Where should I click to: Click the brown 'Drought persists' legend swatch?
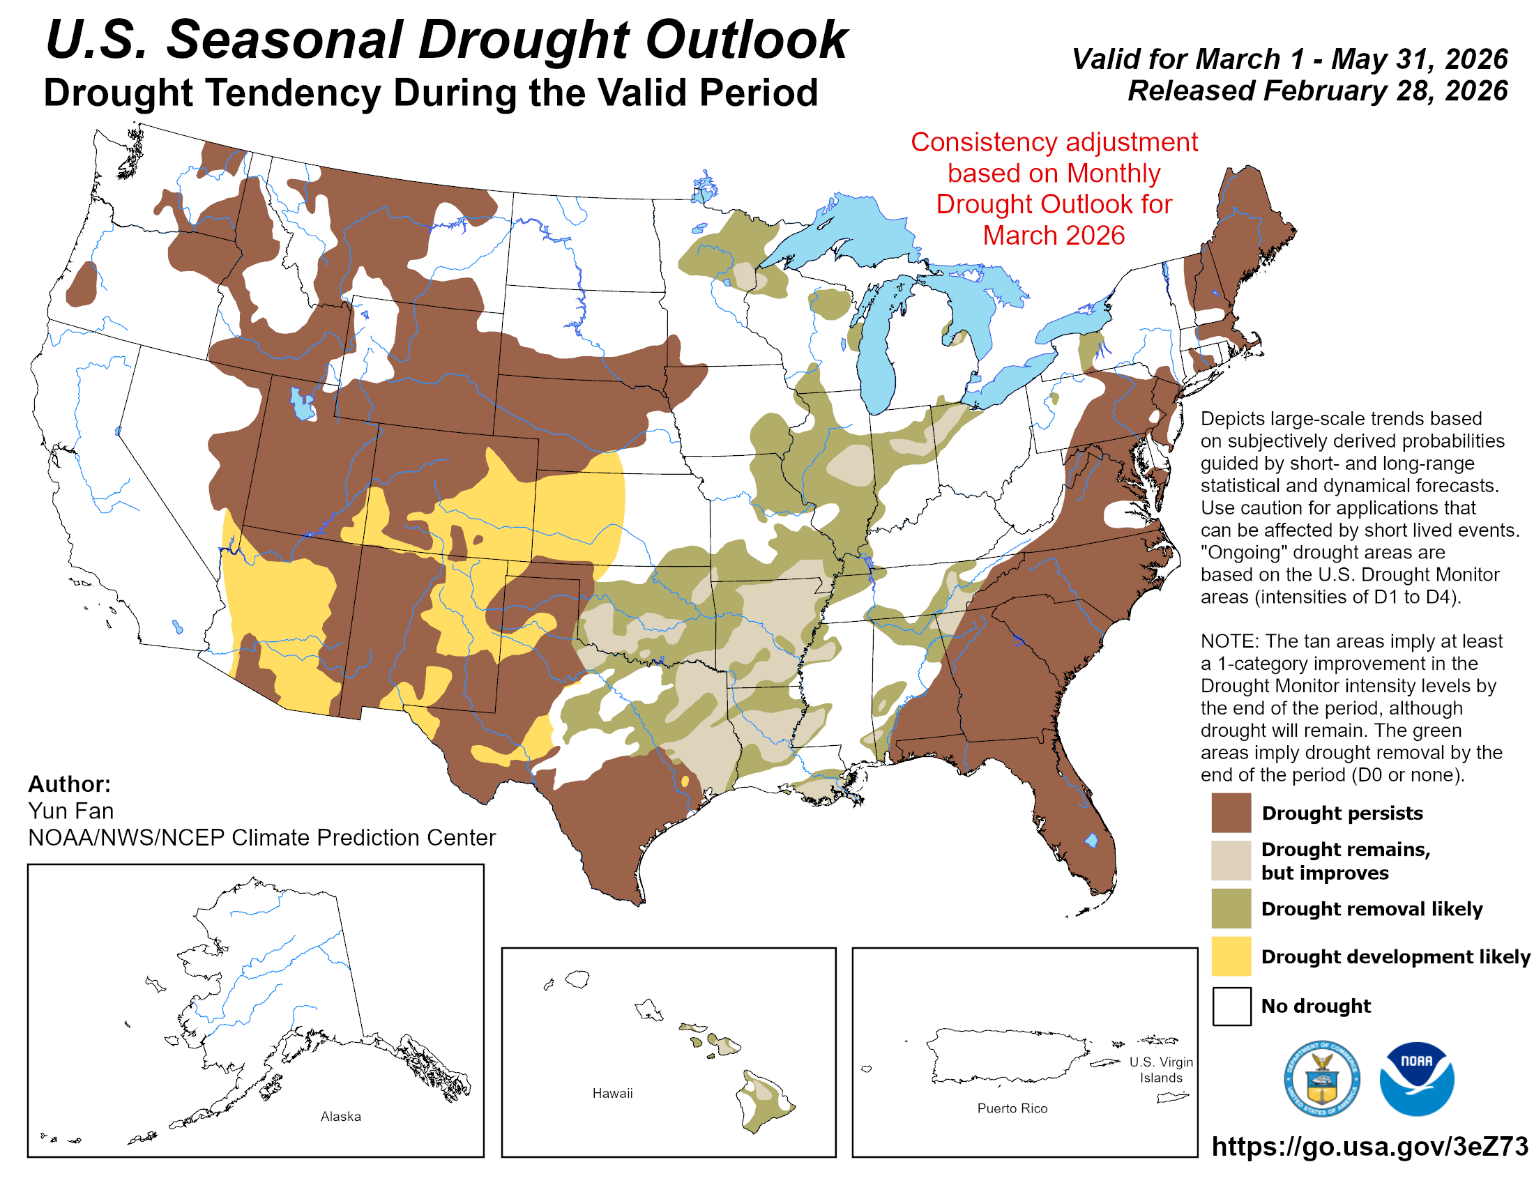point(1231,812)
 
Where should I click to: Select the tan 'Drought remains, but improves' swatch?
point(1231,860)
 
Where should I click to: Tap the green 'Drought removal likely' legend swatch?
point(1231,908)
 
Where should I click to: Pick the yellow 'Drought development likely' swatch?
point(1231,956)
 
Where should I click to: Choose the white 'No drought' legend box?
point(1231,1005)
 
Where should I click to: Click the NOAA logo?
point(1416,1078)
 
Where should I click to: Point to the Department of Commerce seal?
point(1321,1078)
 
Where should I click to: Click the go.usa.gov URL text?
point(1369,1146)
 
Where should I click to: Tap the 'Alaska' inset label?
point(341,1115)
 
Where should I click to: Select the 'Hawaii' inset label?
point(612,1092)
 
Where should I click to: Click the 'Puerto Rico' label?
point(1012,1108)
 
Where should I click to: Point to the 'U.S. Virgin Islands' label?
point(1160,1069)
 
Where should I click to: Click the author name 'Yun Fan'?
point(71,811)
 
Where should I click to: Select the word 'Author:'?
point(69,783)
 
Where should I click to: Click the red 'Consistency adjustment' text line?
point(1054,142)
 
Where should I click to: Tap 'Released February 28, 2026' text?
point(1317,91)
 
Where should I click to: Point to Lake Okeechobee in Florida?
point(1091,840)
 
